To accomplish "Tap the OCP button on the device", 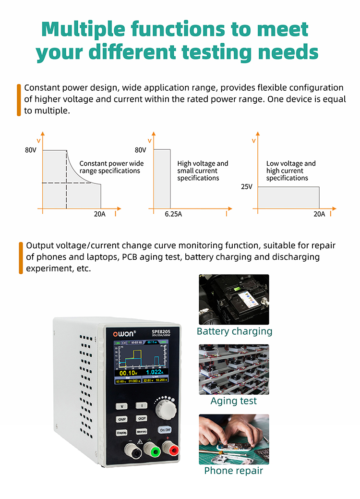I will [x=142, y=419].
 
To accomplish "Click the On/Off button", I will [x=165, y=430].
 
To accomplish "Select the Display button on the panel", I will [x=122, y=432].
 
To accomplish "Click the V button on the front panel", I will [x=122, y=406].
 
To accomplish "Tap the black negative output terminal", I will [x=131, y=451].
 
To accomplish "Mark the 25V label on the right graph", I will [x=246, y=187].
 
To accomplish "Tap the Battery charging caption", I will [x=234, y=331].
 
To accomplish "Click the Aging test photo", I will [x=234, y=369].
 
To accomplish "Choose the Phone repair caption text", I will [x=234, y=471].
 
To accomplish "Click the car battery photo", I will [x=234, y=299].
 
